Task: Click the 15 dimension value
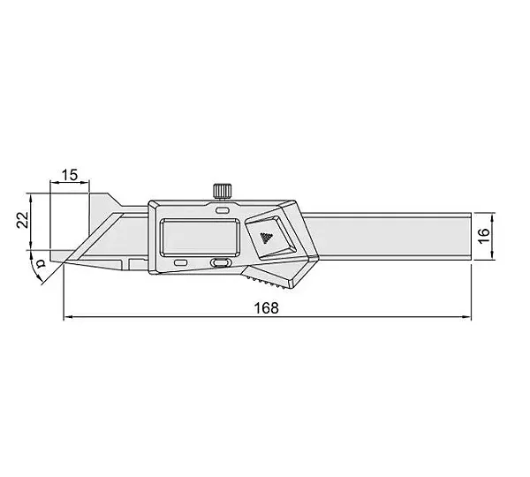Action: click(x=70, y=175)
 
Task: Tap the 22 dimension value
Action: click(x=23, y=221)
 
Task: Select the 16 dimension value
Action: click(x=484, y=235)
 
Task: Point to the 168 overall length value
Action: click(x=267, y=308)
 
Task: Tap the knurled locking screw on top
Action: click(x=223, y=192)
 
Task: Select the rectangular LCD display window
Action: click(x=200, y=237)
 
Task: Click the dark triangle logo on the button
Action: click(x=267, y=238)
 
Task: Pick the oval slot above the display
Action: click(x=222, y=211)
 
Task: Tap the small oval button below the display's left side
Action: click(x=181, y=262)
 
